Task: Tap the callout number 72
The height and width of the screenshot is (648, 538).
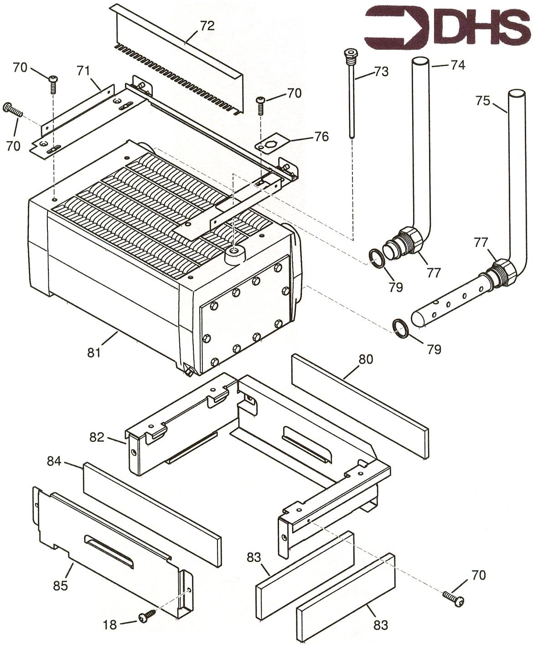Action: click(x=207, y=26)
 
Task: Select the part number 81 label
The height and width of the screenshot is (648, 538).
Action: click(x=94, y=352)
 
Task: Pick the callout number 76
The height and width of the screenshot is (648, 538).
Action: click(x=322, y=136)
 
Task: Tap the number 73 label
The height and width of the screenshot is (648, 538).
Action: click(x=381, y=72)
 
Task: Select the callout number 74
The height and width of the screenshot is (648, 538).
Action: click(x=457, y=65)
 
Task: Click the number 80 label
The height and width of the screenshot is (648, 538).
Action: click(x=365, y=359)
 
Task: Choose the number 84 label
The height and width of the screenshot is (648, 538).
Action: click(x=54, y=461)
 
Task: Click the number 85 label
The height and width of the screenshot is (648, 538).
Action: click(x=60, y=585)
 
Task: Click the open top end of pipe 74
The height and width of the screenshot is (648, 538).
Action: click(x=421, y=61)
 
